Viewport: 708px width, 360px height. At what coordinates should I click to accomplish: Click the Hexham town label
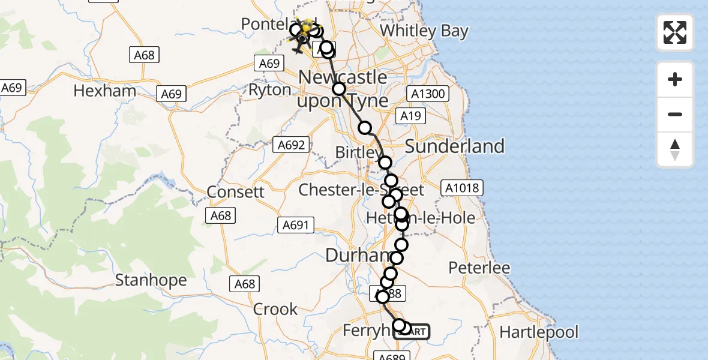pos(104,91)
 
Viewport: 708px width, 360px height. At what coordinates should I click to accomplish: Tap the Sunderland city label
pos(455,146)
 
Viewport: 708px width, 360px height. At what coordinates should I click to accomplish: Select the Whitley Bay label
pos(424,31)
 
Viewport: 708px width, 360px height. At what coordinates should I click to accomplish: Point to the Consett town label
pos(235,192)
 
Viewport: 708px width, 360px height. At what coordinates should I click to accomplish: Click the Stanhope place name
pos(151,280)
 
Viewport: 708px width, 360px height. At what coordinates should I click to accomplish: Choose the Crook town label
pos(275,309)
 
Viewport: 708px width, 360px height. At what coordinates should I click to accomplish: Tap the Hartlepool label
pos(539,332)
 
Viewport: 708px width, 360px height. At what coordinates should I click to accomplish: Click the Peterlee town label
pos(479,268)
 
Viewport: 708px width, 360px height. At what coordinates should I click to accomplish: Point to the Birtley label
pos(358,152)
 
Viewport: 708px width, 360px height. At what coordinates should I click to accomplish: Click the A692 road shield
pos(291,145)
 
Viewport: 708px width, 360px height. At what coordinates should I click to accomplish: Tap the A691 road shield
pos(296,225)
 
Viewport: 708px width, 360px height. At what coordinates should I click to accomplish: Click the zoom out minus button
pos(675,114)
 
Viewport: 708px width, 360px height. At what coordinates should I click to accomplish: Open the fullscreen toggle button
pos(675,32)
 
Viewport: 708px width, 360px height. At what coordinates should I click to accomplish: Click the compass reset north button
pos(675,149)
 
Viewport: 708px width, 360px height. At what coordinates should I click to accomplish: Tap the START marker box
pos(413,331)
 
